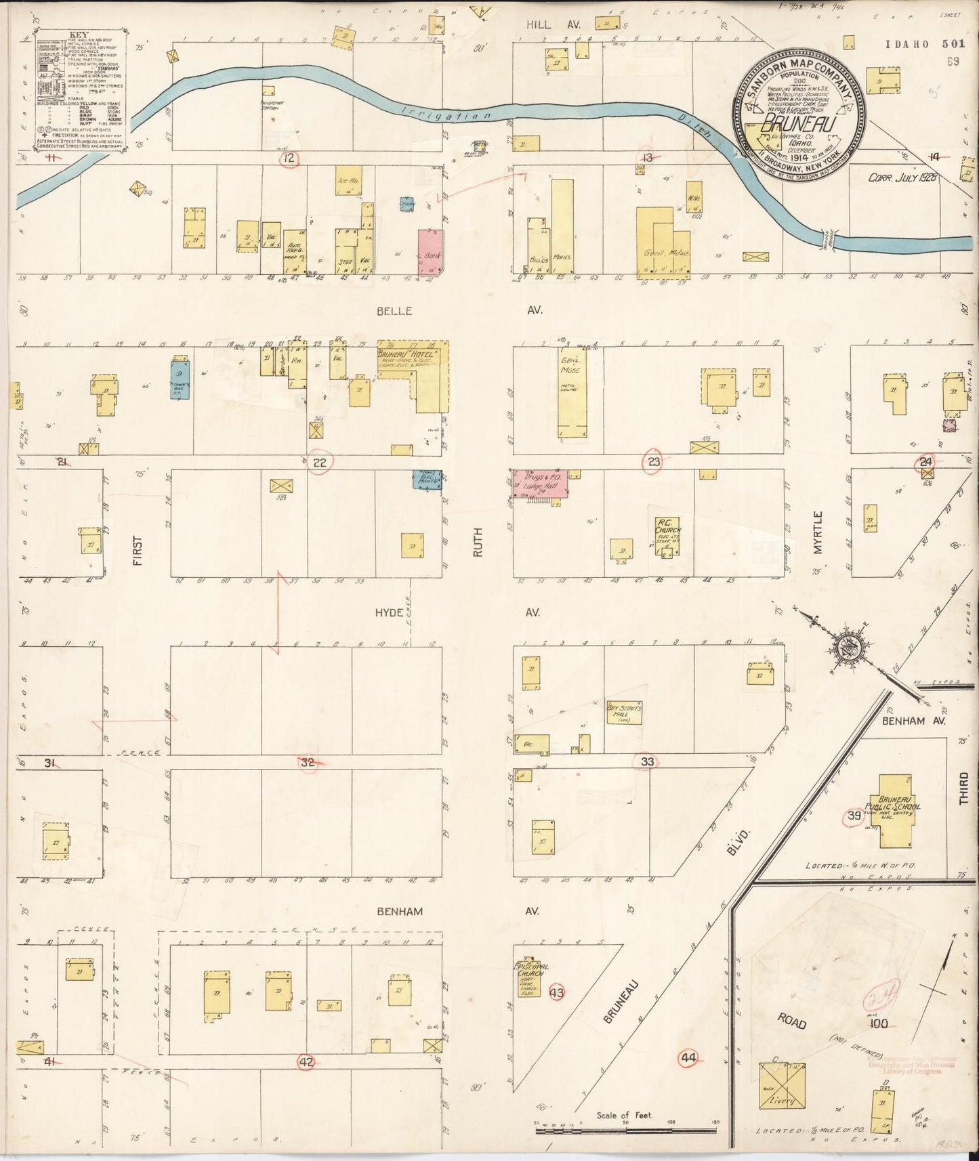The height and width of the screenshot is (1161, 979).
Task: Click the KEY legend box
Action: (81, 89)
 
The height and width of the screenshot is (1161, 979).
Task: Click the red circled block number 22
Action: (320, 463)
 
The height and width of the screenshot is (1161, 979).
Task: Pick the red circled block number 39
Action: (854, 816)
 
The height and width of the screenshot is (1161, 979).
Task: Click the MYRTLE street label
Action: (818, 533)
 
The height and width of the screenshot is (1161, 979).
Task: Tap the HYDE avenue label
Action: (390, 612)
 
